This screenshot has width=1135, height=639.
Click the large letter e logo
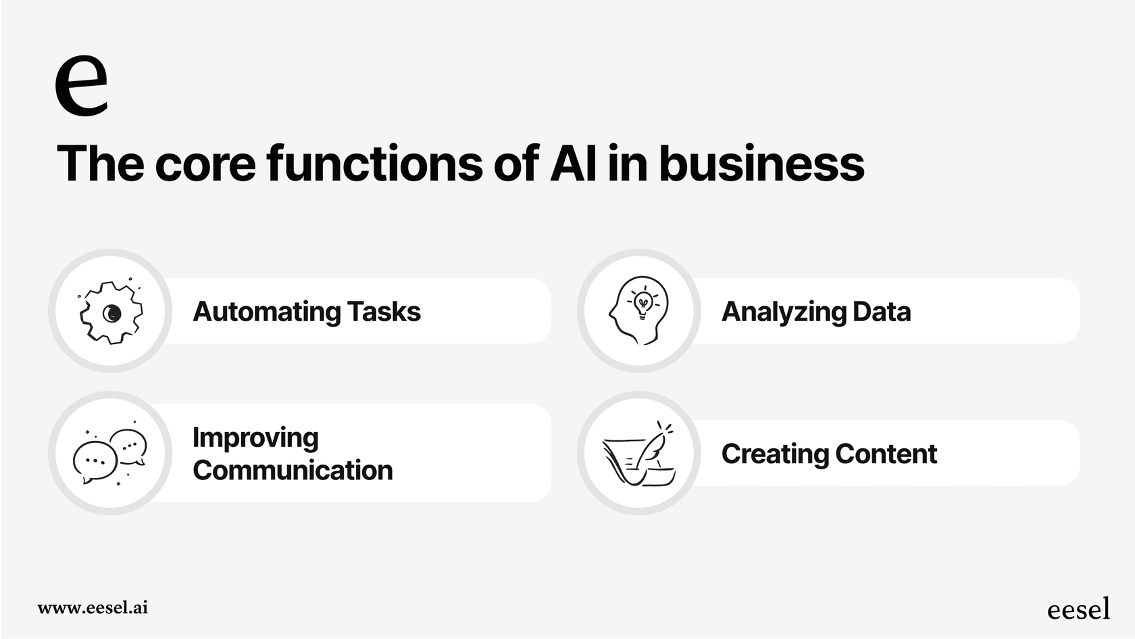[x=81, y=85]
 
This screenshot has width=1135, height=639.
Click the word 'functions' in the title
[x=375, y=164]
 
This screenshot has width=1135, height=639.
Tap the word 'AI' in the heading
[x=573, y=164]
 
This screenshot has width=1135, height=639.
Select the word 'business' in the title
[x=761, y=164]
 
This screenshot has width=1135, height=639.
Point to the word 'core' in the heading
[x=205, y=164]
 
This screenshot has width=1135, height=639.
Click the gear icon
[x=111, y=312]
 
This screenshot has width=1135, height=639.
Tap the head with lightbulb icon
[x=639, y=310]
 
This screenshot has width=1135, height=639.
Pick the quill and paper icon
[x=639, y=454]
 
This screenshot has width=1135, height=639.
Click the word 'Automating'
[x=267, y=312]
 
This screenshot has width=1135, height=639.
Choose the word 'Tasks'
[x=384, y=312]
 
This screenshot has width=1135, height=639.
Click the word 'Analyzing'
[x=784, y=312]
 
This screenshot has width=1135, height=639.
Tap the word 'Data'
[x=882, y=312]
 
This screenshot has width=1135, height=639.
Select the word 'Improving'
[x=255, y=437]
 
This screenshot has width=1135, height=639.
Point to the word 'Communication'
[x=293, y=470]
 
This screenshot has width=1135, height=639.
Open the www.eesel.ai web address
[x=93, y=607]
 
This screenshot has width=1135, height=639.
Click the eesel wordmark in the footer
[x=1078, y=609]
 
